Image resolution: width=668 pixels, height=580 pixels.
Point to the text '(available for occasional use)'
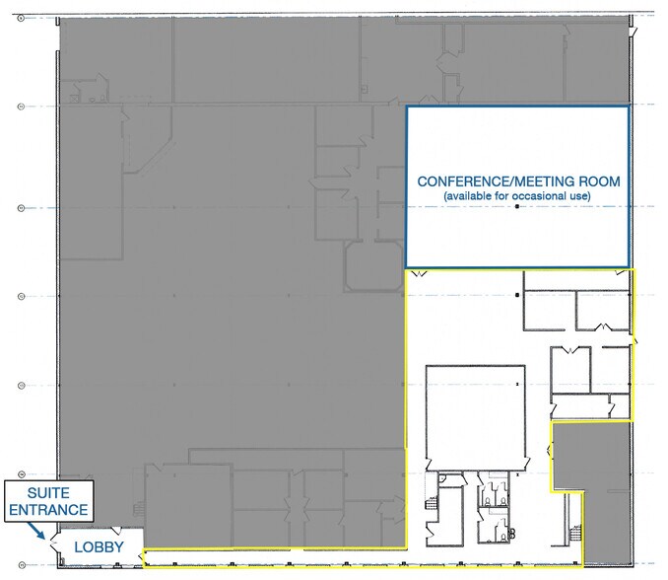tap(517, 197)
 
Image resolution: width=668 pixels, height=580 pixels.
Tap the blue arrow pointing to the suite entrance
tap(40, 534)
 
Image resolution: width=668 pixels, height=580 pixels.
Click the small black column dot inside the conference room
tap(515, 220)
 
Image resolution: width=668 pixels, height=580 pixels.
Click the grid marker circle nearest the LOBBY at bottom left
tap(21, 563)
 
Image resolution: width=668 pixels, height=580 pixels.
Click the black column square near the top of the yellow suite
tap(519, 295)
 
